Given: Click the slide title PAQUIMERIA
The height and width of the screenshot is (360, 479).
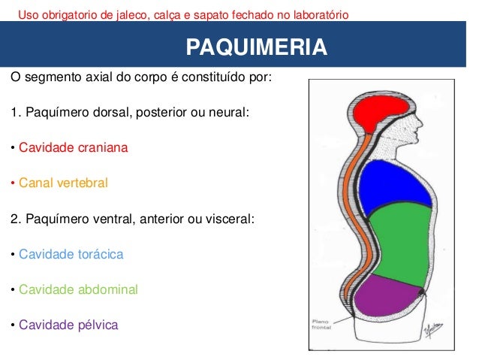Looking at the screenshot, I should (256, 48).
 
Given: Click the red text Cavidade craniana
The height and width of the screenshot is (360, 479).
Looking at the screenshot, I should (73, 147).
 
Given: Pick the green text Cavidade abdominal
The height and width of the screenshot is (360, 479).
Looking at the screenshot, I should (78, 289).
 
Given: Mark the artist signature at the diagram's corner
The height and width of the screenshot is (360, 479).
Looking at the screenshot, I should (429, 328).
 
